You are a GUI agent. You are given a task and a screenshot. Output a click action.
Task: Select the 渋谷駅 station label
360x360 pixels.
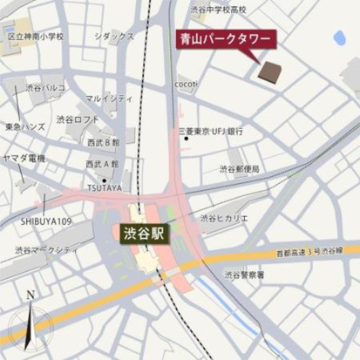[143, 234]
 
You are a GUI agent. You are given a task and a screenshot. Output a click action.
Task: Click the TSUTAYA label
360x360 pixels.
[105, 187]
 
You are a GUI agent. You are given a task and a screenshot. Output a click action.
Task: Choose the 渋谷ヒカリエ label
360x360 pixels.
[225, 218]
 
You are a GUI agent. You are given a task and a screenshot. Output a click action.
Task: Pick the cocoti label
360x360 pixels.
[186, 84]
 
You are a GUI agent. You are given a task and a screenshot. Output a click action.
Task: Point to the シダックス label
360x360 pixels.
[114, 37]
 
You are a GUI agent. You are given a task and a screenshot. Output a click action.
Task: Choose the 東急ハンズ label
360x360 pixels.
[24, 126]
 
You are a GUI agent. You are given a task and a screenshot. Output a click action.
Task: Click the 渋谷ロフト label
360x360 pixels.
[78, 119]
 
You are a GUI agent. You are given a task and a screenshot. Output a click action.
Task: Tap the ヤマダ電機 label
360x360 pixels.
[24, 158]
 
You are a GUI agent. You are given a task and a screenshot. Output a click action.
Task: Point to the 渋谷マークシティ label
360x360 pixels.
[47, 250]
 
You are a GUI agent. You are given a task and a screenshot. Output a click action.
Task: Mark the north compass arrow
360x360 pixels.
[31, 318]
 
